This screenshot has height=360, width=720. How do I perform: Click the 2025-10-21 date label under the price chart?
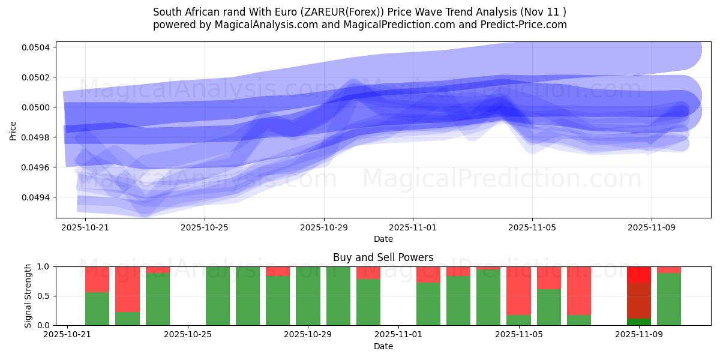point(85,228)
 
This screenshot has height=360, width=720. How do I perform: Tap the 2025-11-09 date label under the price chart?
point(652,228)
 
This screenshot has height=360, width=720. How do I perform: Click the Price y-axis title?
point(13,130)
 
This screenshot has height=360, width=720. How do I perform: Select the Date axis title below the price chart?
point(383,239)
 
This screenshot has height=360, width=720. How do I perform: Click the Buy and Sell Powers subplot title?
point(383,257)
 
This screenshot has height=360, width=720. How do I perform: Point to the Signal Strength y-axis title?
point(28,296)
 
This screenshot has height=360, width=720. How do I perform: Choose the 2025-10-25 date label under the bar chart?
point(188,335)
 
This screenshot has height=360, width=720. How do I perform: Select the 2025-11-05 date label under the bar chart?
point(518,335)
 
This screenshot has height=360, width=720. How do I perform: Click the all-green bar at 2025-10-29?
point(308,296)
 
